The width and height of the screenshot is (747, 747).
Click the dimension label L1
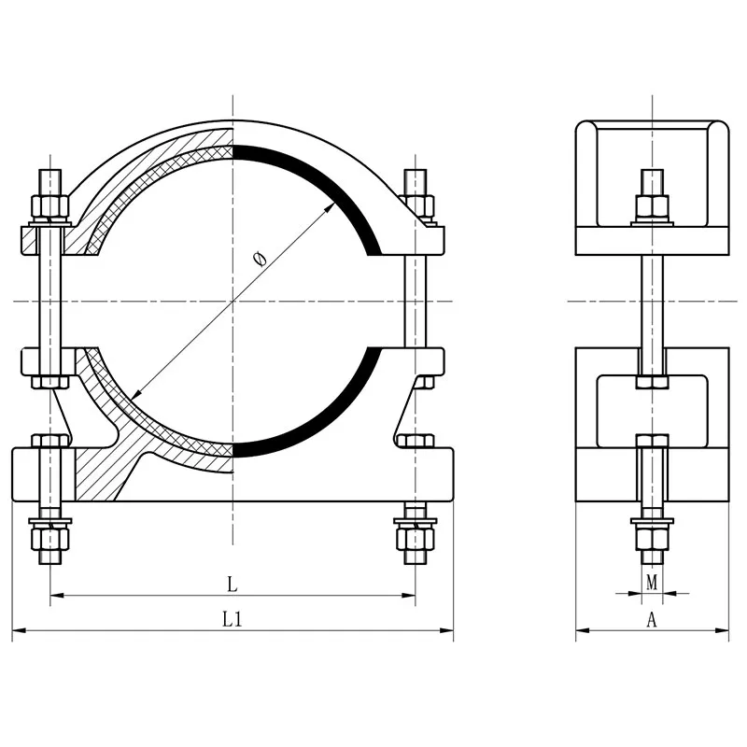pos(233,619)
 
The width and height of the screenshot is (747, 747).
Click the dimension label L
pos(232,585)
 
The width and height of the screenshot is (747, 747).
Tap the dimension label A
pos(651,619)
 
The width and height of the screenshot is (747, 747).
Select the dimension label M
pos(652,582)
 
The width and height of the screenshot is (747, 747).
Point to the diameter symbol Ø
pos(260,259)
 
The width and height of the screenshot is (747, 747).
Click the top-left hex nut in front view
pos(50,205)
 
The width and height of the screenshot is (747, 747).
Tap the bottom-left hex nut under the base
pos(50,539)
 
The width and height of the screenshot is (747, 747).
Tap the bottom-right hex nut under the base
pos(416,539)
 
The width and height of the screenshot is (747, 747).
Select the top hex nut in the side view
pos(652,205)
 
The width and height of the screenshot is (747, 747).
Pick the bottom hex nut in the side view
pos(652,539)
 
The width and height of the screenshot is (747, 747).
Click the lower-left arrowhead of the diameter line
pos(135,394)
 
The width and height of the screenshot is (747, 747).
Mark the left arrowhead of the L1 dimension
pos(18,631)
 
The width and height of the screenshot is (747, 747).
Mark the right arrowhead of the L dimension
pos(409,596)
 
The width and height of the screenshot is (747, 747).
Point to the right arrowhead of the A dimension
pos(722,631)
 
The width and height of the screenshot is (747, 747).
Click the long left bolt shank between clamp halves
pos(50,301)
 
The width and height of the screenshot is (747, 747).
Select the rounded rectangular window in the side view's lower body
pos(652,411)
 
